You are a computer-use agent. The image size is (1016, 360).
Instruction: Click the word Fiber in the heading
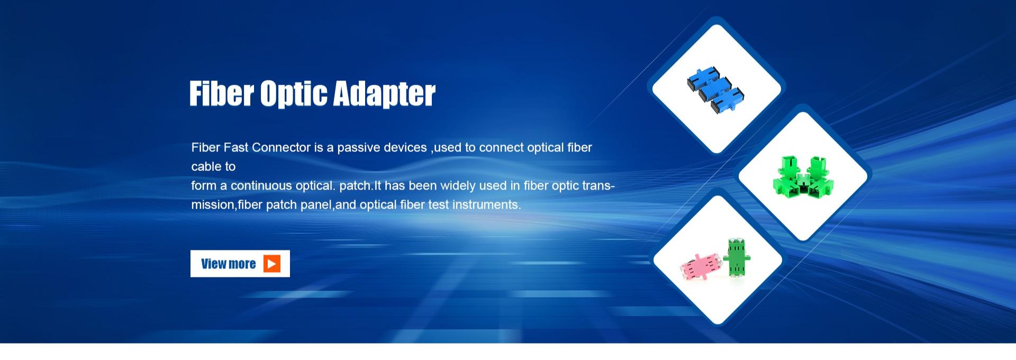222,94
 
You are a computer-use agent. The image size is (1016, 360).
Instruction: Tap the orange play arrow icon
272,264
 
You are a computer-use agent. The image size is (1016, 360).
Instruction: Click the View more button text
228,264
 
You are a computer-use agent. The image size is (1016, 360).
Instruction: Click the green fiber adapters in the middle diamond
803,175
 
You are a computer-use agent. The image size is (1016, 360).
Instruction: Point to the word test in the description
438,205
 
